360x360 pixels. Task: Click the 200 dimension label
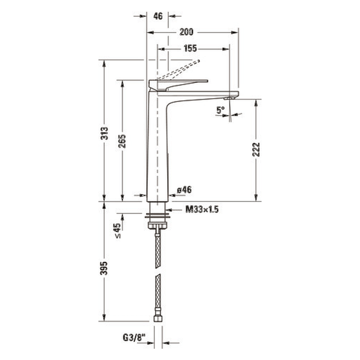[x=186, y=32]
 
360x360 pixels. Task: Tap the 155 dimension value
[x=190, y=48]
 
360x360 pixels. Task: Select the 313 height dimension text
[x=104, y=133]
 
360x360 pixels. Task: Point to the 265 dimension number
[x=122, y=141]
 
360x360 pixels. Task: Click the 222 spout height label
[x=256, y=149]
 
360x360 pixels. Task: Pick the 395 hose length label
[x=104, y=268]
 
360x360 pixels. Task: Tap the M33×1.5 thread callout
[x=202, y=210]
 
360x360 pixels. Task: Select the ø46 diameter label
[x=184, y=190]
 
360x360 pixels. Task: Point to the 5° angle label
[x=220, y=110]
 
